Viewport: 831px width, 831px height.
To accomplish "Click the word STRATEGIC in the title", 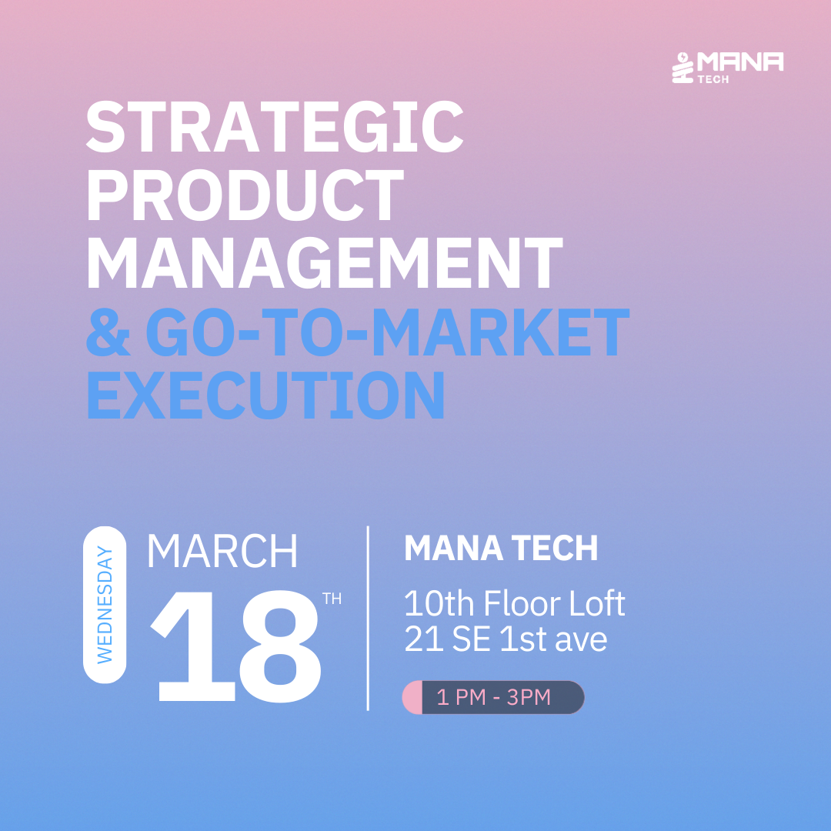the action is coord(275,126).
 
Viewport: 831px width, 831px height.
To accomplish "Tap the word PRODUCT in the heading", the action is coord(245,195).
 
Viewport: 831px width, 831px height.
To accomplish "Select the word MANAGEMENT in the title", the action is coord(325,262).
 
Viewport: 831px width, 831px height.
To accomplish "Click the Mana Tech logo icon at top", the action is coord(682,68).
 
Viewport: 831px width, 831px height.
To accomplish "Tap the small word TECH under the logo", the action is coord(713,79).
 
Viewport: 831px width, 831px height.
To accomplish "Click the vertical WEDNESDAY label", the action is coord(105,605).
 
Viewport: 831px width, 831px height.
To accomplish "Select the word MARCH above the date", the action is coord(222,551).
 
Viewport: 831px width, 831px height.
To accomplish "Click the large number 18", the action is coord(236,646).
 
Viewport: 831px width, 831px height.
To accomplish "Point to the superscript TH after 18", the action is coord(332,599).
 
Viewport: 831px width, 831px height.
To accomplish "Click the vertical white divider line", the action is coord(368,618).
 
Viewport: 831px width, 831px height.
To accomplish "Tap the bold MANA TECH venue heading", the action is coord(502,548).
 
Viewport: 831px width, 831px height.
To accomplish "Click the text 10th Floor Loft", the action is coord(515,603).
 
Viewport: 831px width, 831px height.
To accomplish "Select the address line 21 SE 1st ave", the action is coord(506,639).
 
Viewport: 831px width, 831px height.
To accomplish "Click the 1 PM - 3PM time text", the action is coord(493,697).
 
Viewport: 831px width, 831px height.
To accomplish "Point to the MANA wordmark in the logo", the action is coord(740,62).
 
